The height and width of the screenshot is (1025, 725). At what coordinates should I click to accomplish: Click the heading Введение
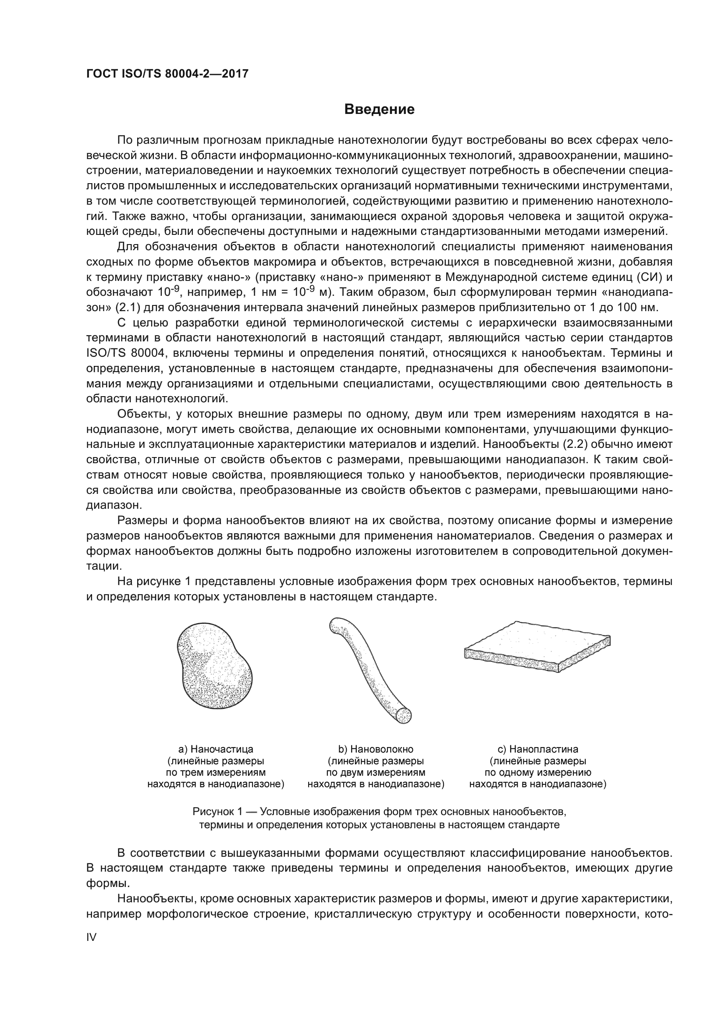click(379, 110)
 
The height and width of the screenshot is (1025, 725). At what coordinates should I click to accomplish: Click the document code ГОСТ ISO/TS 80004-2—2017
click(167, 74)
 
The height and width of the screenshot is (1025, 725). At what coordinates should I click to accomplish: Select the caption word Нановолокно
click(382, 749)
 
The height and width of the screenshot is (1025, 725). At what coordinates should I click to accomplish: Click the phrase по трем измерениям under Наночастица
click(216, 772)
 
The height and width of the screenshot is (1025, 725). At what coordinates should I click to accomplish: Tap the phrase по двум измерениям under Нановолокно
click(376, 772)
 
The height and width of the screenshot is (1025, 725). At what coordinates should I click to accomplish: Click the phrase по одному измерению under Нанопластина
click(537, 772)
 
